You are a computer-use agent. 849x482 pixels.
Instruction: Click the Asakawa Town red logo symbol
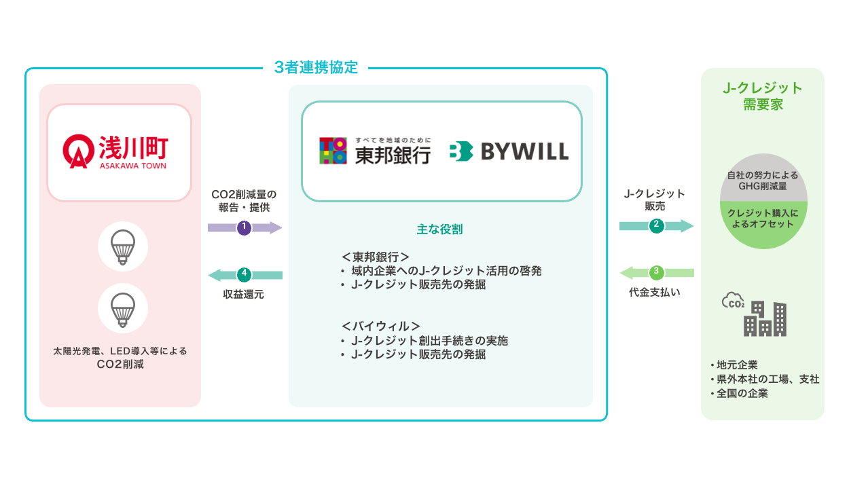click(77, 151)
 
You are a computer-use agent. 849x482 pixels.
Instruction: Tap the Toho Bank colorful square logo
click(333, 151)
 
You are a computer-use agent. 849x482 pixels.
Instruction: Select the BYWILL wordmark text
click(524, 151)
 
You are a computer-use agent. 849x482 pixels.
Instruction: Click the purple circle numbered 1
click(245, 228)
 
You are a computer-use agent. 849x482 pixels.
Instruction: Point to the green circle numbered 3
click(656, 273)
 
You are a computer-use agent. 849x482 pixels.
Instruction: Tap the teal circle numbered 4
click(245, 275)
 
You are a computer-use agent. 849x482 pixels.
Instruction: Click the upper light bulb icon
click(123, 246)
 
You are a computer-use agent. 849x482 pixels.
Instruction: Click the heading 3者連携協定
click(316, 68)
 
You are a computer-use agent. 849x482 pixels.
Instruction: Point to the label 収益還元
click(244, 295)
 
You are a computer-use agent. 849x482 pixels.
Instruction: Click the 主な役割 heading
click(439, 229)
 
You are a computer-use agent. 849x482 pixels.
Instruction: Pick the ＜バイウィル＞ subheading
click(381, 326)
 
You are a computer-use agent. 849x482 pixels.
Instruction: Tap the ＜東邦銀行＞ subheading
click(376, 257)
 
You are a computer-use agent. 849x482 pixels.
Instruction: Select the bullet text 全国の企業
click(742, 393)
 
